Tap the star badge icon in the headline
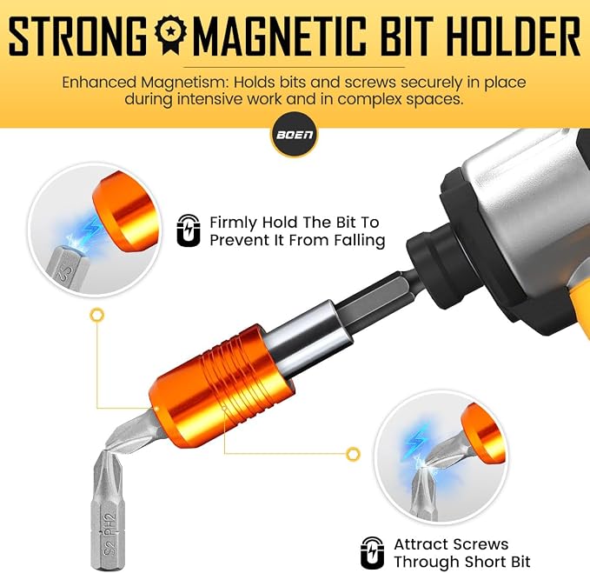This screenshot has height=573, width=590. pyautogui.click(x=171, y=34)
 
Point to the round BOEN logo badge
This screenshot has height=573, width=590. pyautogui.click(x=295, y=135)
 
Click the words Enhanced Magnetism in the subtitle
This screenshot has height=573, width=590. pyautogui.click(x=144, y=82)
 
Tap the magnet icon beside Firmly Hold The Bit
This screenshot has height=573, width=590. pyautogui.click(x=189, y=230)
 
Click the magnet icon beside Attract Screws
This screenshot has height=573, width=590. pyautogui.click(x=373, y=552)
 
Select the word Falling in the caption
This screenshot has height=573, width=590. pyautogui.click(x=360, y=240)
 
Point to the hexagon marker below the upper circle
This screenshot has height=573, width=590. pyautogui.click(x=97, y=315)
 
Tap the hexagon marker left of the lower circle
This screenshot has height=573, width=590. pyautogui.click(x=353, y=454)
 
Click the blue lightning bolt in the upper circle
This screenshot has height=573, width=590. pyautogui.click(x=90, y=226)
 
